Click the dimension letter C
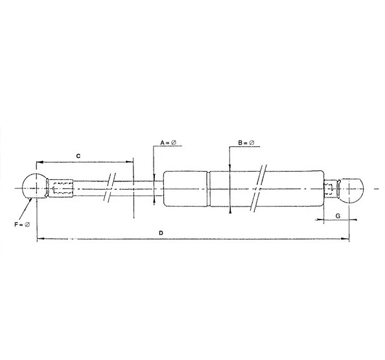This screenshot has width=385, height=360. click(78, 155)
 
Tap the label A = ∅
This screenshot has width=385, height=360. click(170, 142)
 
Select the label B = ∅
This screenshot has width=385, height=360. click(247, 142)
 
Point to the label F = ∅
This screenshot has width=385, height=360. click(20, 224)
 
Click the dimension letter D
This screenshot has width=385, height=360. click(161, 232)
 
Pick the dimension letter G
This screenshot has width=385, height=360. click(338, 214)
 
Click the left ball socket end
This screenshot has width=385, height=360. click(33, 188)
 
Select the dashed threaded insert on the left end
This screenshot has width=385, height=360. click(62, 188)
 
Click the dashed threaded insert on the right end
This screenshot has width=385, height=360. click(331, 188)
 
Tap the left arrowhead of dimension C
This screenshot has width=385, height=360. click(39, 162)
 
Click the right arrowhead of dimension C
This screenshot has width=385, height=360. click(130, 162)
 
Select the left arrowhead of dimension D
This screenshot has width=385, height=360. click(39, 239)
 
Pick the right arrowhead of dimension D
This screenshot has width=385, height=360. click(347, 239)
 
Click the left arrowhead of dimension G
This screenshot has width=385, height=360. click(318, 220)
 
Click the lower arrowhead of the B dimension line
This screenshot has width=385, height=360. click(230, 210)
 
